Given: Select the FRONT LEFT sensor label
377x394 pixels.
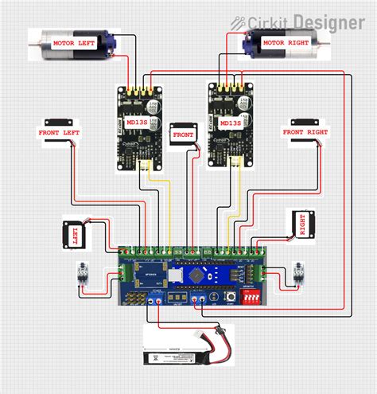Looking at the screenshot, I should (x=60, y=131).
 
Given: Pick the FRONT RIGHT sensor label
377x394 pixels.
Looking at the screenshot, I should (x=305, y=131).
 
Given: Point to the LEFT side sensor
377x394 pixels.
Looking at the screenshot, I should (x=76, y=234).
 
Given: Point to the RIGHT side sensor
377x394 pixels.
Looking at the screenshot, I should (x=301, y=225).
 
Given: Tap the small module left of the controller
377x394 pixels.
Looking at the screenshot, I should (x=81, y=275).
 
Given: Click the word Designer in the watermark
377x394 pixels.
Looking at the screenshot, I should (x=328, y=21).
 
